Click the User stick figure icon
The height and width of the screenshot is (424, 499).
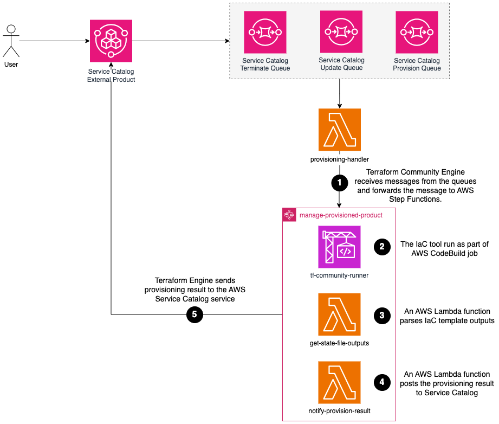[11, 41]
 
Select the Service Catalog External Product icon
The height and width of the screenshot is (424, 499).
[111, 41]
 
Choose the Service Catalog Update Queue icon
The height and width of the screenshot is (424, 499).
[341, 31]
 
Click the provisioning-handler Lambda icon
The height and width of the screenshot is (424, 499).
[339, 130]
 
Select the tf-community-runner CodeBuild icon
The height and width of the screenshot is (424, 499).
[339, 247]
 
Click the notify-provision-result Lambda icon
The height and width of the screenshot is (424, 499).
[339, 383]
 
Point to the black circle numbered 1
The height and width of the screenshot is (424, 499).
[339, 183]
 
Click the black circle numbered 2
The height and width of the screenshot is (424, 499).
[382, 247]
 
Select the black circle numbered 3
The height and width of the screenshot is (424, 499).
[382, 315]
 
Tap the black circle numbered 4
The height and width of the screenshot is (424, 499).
[382, 382]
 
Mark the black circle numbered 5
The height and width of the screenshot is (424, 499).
[195, 314]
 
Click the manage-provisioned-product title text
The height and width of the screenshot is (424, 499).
[341, 215]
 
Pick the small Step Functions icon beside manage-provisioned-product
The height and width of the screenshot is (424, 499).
[290, 215]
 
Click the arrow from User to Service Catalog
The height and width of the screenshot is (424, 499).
[54, 41]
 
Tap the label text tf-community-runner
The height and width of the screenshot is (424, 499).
[339, 275]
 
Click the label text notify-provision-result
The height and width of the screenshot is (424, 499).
[339, 411]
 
